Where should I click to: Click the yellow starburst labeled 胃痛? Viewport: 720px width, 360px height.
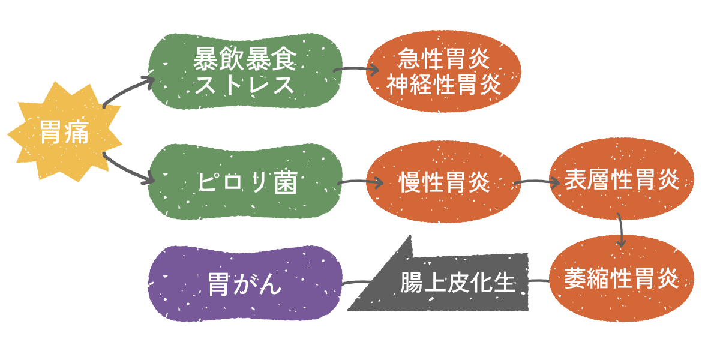tap(65, 133)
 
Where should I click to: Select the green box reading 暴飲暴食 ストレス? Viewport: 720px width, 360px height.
tap(245, 72)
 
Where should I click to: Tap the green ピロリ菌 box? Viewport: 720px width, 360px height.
tap(245, 183)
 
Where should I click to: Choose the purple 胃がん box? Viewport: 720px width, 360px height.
tap(245, 283)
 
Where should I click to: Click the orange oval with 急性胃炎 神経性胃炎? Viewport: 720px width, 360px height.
tap(444, 72)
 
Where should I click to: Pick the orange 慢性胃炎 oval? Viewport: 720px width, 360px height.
tap(444, 182)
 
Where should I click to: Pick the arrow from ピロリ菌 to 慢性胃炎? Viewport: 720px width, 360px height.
tap(360, 182)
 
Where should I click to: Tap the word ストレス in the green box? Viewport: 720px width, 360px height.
tap(245, 85)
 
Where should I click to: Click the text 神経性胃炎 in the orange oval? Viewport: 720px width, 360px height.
tap(444, 85)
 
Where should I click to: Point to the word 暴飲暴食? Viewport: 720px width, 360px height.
tap(245, 59)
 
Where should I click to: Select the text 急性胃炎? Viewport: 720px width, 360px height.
tap(444, 59)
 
